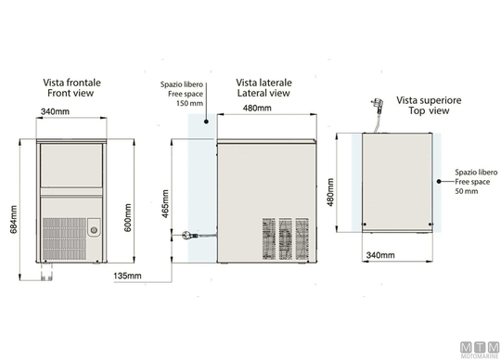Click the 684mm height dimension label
pos(13,219)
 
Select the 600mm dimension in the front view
pos(127,217)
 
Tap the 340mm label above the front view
pos(55,111)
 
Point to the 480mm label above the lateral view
pos(257,108)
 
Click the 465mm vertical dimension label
pos(165,204)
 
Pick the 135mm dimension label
pos(127,276)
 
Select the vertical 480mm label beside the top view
pos(330,192)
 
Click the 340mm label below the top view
pos(380,255)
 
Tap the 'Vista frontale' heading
pos(71,83)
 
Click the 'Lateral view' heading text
pos(263,93)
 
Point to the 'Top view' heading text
pos(429,110)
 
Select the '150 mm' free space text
pos(189,103)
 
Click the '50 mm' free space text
pos(467,191)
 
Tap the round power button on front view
pos(94,230)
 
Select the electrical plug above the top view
pos(377,105)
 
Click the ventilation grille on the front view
pos(64,238)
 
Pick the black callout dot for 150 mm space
pos(206,122)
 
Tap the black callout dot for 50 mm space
pos(439,182)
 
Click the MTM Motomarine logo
pos(480,350)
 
